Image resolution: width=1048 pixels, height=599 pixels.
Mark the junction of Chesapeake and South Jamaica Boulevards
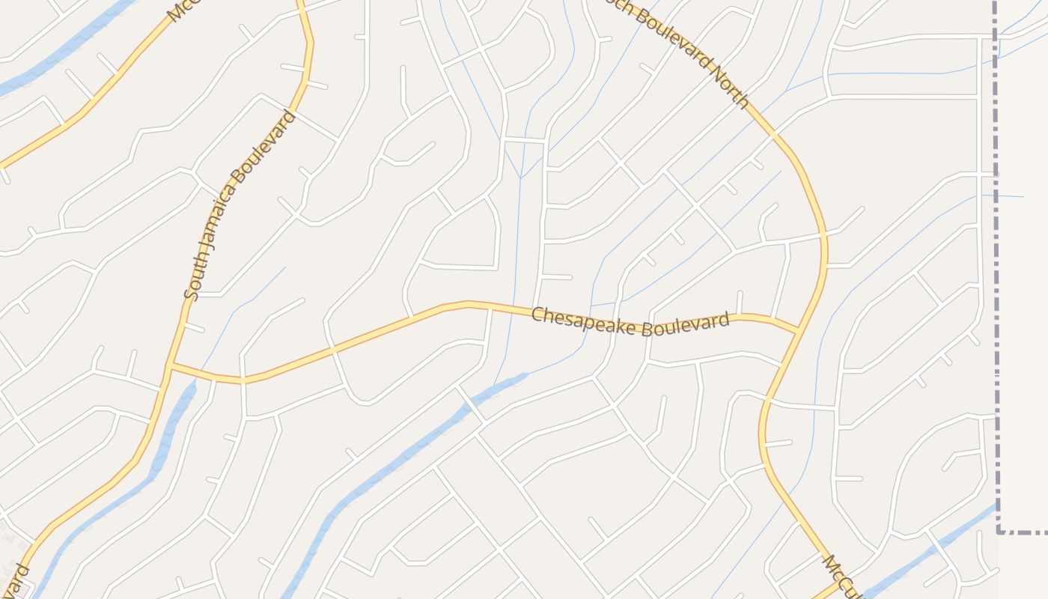point(171,365)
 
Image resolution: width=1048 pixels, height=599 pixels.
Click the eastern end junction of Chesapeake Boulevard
point(799,329)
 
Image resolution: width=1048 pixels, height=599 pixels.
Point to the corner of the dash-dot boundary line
point(999,532)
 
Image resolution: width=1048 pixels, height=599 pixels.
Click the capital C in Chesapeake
point(537,314)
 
